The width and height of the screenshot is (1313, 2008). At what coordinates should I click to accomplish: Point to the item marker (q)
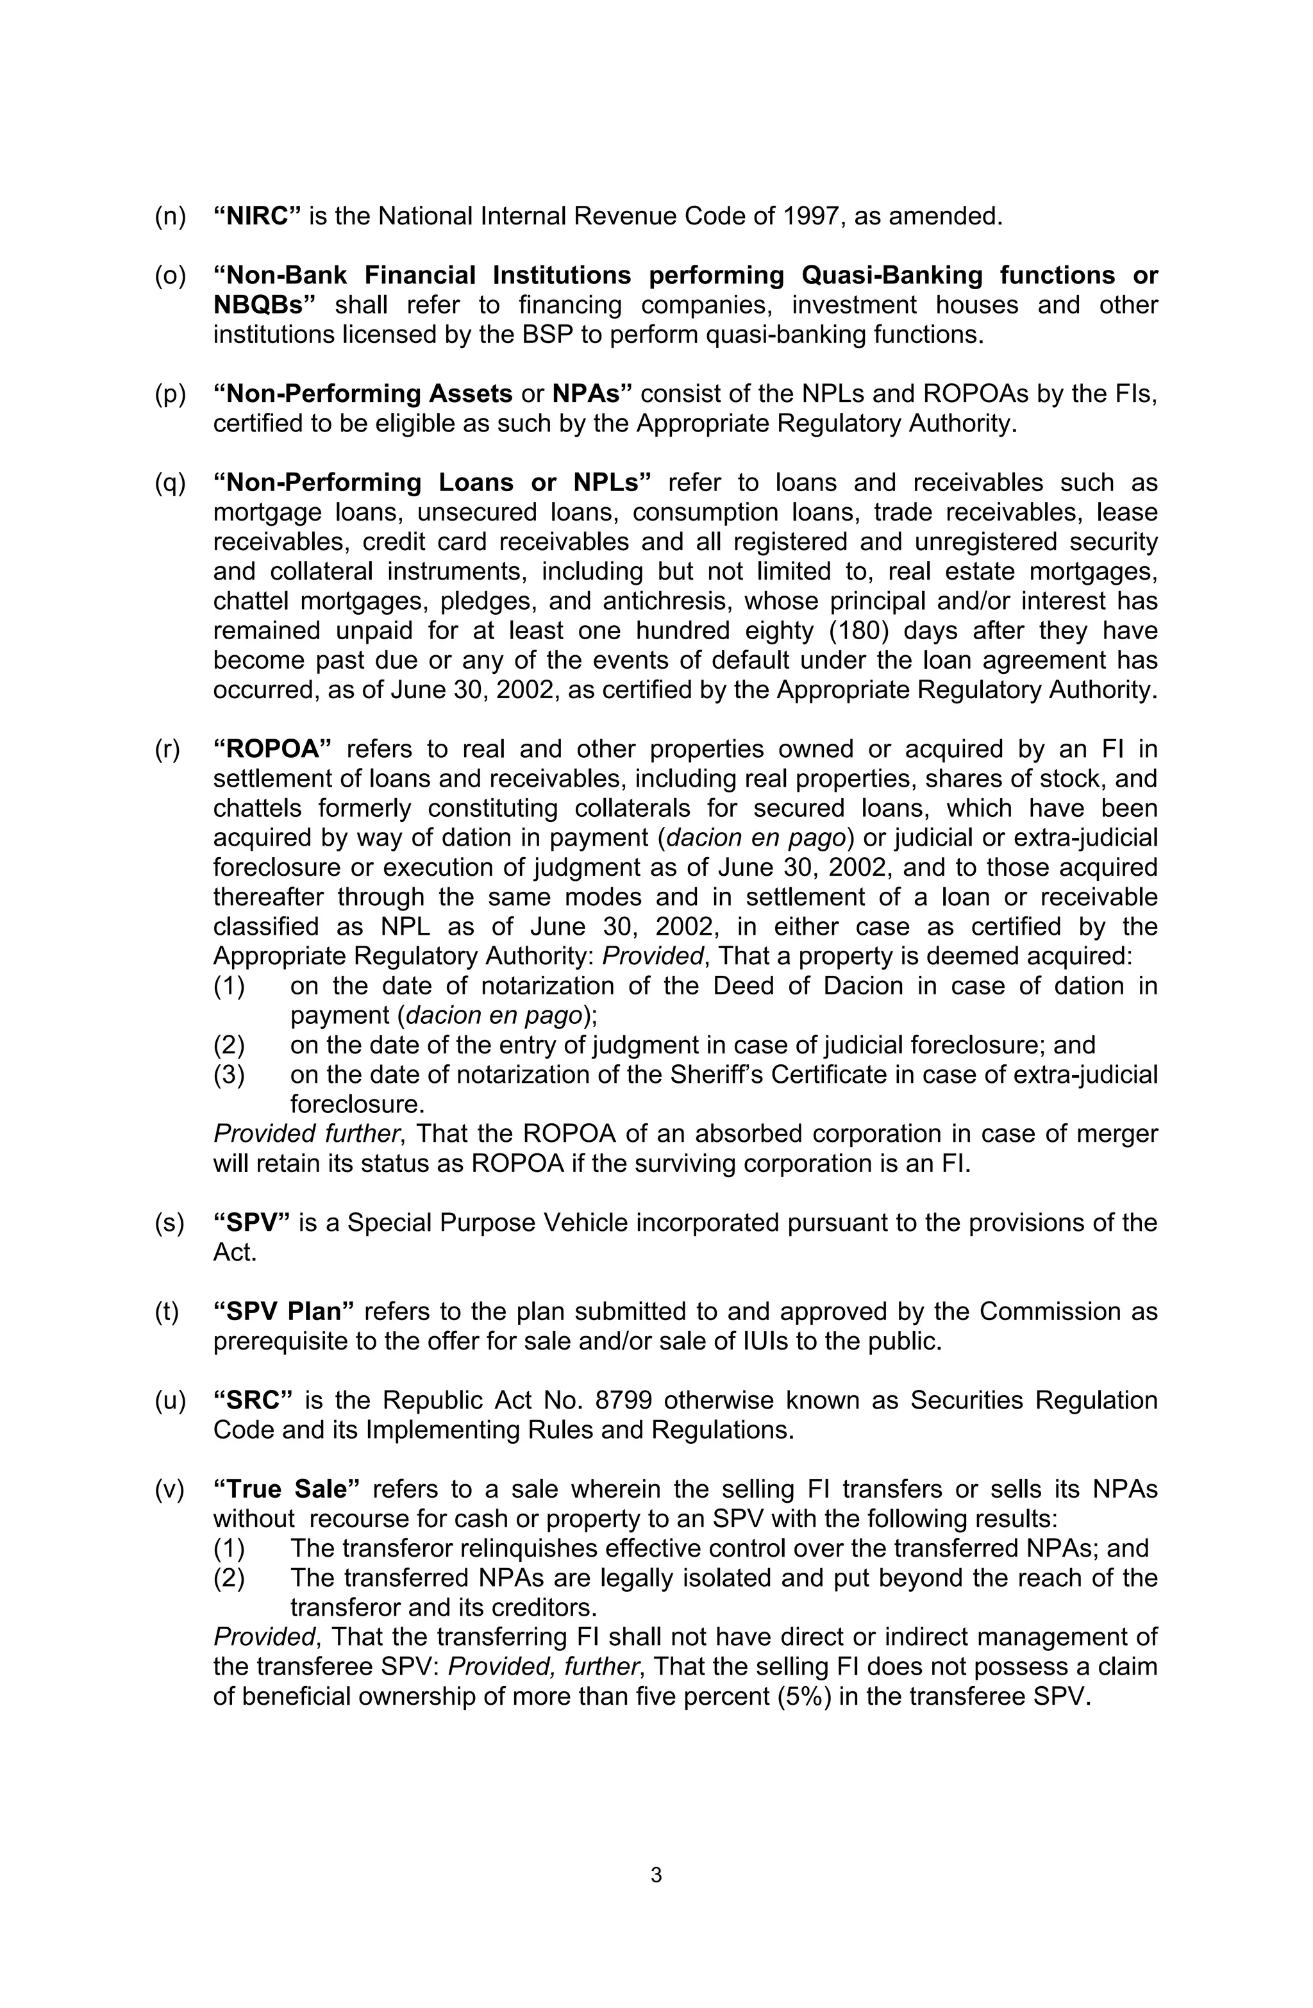tap(170, 483)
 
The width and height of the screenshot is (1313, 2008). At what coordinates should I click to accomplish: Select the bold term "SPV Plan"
tap(283, 1312)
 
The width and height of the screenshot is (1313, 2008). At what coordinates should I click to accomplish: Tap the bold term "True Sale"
tap(287, 1489)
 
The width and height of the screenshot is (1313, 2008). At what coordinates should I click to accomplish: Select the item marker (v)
tap(170, 1489)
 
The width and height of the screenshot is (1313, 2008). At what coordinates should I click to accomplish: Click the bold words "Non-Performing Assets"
tap(363, 394)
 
